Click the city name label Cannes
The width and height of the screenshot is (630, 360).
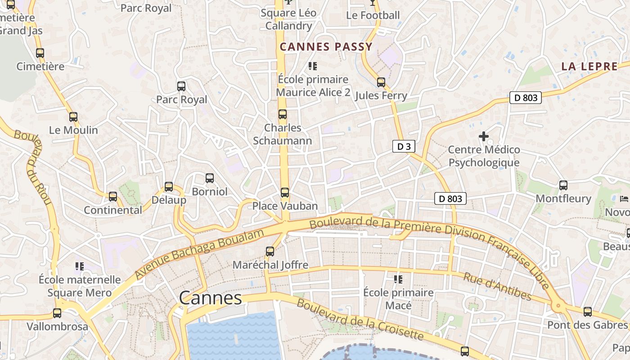coord(211,298)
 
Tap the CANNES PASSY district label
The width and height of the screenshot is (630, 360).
coord(326,47)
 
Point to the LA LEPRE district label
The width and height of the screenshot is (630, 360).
coord(589,67)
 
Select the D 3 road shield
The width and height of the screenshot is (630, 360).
coord(403,146)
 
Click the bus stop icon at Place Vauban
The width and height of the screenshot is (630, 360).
coord(285,193)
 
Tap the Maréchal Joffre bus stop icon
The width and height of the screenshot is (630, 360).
coord(270,252)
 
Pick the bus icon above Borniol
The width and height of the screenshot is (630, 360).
coord(210,178)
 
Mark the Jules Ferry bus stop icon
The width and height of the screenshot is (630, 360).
coord(381,82)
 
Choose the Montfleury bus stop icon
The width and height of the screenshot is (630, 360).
coord(563,185)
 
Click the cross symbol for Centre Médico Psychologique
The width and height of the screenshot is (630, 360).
coord(484,136)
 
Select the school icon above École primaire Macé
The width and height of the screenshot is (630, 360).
coord(398,279)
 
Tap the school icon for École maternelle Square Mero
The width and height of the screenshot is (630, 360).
coord(80,266)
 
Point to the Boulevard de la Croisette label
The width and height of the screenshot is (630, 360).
coord(360,319)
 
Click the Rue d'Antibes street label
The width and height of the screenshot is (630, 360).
coord(497,287)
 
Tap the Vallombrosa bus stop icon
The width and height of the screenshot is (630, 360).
coord(57,313)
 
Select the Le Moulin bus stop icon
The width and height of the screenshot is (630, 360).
coord(73,117)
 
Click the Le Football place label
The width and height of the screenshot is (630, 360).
coord(373,15)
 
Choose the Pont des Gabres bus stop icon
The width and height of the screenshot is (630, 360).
coord(587,312)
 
